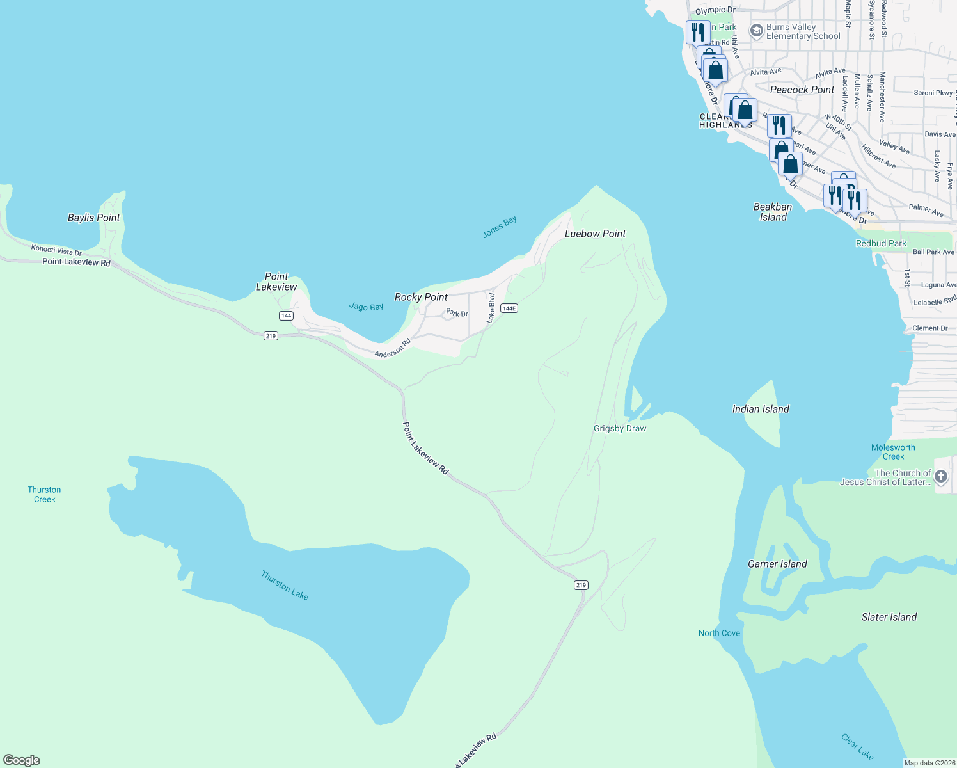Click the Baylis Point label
pyautogui.click(x=94, y=218)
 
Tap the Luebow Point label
pyautogui.click(x=595, y=234)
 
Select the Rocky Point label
pyautogui.click(x=421, y=297)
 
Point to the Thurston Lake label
pyautogui.click(x=285, y=586)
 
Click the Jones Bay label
pyautogui.click(x=500, y=227)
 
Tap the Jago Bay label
pyautogui.click(x=366, y=307)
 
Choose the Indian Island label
pyautogui.click(x=761, y=409)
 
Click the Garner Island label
pyautogui.click(x=777, y=564)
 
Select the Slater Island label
pyautogui.click(x=889, y=617)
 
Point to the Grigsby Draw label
pyautogui.click(x=620, y=428)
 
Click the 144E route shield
pyautogui.click(x=509, y=308)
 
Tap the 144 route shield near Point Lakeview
pyautogui.click(x=286, y=316)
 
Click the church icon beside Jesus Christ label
pyautogui.click(x=941, y=476)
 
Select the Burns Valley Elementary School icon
pyautogui.click(x=757, y=31)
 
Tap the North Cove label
pyautogui.click(x=719, y=633)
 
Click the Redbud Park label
pyautogui.click(x=881, y=243)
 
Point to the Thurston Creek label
pyautogui.click(x=44, y=495)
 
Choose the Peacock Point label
pyautogui.click(x=802, y=90)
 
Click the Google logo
pyautogui.click(x=22, y=760)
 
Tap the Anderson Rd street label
pyautogui.click(x=392, y=349)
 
